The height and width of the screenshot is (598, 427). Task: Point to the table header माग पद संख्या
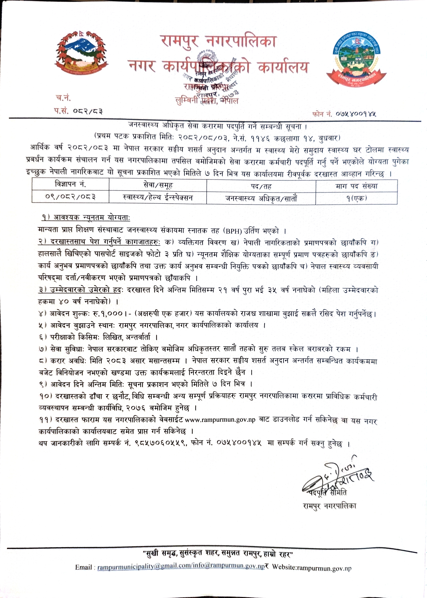(356, 186)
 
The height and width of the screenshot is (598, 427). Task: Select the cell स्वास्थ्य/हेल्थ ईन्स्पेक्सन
(158, 197)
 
